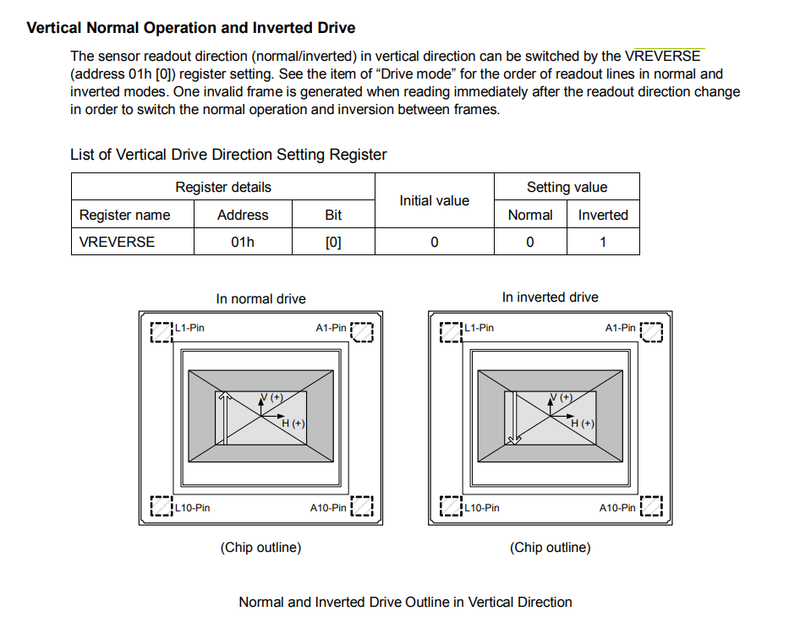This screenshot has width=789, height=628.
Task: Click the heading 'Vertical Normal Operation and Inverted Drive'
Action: tap(191, 28)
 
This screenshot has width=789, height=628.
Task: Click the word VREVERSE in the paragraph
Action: tap(662, 57)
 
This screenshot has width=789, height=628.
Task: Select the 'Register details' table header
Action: tap(223, 187)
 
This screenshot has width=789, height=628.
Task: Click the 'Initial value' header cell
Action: tap(434, 200)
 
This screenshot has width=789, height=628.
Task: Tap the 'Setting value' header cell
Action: tap(567, 187)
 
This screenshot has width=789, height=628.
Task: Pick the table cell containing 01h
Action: tap(243, 242)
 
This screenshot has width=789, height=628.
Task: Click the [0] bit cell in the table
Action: tap(333, 242)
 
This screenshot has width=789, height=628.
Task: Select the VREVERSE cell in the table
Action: tap(118, 242)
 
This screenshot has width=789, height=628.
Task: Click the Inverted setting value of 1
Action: tap(603, 242)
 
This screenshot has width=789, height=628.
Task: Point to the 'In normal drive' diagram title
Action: tap(260, 298)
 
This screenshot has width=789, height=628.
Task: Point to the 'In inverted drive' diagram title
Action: tap(550, 298)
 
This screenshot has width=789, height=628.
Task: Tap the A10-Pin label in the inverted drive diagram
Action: tap(617, 508)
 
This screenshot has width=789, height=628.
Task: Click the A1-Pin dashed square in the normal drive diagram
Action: tap(361, 331)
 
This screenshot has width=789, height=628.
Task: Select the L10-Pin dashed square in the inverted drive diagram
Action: tap(452, 507)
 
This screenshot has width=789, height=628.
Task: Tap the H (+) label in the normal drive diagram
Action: tap(293, 423)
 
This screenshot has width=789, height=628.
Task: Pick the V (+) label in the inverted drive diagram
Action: tap(561, 397)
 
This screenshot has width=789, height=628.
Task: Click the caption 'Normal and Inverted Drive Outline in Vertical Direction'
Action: tap(405, 602)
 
